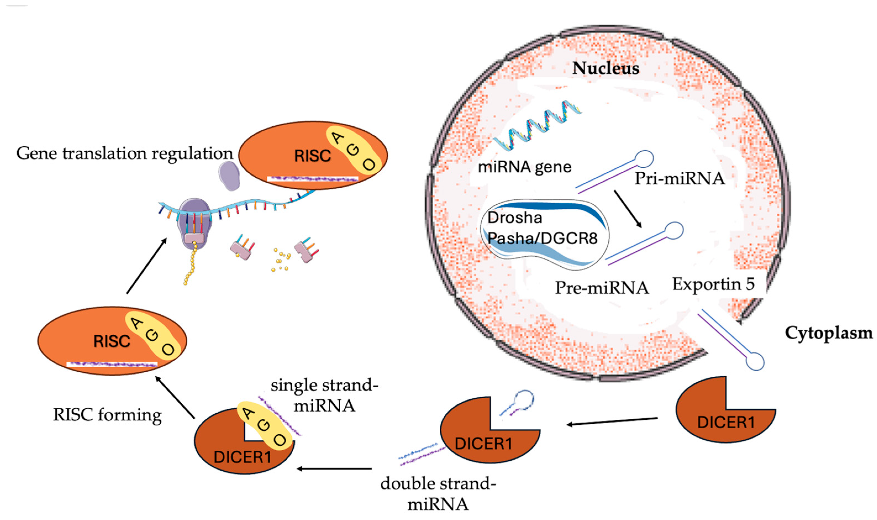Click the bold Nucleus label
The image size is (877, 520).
coord(605,68)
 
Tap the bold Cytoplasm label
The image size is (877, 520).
coord(829,333)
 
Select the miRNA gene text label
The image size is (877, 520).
coord(525,167)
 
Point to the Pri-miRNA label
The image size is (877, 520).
coord(680,178)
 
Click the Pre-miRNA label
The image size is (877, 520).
coord(602,288)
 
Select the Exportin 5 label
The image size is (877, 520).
coord(713,284)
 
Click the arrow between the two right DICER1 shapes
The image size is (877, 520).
coord(612,421)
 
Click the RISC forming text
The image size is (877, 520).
coord(107,415)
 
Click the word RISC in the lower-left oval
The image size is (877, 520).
coord(112,341)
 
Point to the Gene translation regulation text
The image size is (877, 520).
coord(125,153)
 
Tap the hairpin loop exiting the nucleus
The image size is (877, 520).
coord(755,361)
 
